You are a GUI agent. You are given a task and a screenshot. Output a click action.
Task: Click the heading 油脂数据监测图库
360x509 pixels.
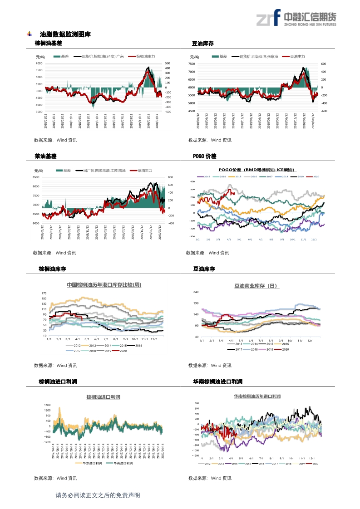coord(65,34)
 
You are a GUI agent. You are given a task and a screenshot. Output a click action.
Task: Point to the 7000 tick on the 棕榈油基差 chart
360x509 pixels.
coord(39,64)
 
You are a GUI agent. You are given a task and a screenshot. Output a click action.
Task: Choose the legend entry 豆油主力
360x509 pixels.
coord(297,56)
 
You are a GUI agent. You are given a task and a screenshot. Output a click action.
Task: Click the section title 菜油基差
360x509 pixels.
coord(45,156)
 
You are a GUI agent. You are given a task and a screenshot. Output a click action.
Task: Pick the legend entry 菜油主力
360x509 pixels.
coord(144,170)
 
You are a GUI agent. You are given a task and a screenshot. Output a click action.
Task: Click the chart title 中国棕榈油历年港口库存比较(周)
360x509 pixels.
coord(104,285)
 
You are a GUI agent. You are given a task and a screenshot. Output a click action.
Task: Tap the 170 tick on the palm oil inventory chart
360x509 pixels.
coord(44,294)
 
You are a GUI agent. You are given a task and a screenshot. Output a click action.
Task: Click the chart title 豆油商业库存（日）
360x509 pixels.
coord(255,286)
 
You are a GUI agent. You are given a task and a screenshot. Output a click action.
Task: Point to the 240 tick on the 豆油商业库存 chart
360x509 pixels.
coord(196,292)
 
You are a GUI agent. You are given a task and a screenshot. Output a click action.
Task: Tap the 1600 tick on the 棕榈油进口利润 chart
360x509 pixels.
coord(47,405)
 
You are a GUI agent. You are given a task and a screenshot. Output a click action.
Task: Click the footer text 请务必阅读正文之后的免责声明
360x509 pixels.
coord(98,495)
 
